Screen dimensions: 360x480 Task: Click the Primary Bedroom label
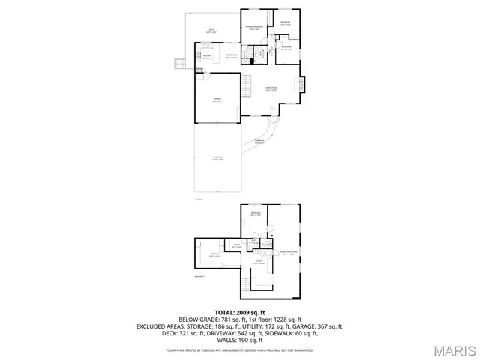255,28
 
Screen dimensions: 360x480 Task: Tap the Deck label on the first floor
212,31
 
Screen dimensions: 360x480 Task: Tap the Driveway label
217,158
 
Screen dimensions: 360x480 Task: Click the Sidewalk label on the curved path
259,141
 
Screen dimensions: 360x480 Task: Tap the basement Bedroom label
256,214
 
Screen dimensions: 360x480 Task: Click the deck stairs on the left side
179,64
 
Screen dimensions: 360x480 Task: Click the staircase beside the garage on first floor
248,82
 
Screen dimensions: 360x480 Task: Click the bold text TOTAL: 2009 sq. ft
240,312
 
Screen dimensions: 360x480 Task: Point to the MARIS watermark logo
451,349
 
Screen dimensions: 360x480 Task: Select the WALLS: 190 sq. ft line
240,340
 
